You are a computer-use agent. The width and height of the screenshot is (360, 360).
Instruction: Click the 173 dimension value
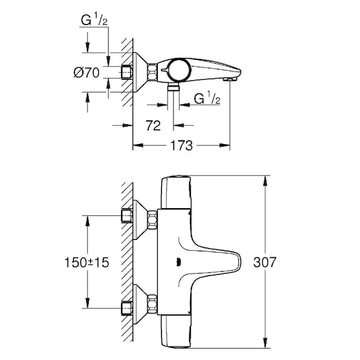click(181, 145)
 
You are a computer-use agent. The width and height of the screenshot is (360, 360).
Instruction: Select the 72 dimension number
click(154, 125)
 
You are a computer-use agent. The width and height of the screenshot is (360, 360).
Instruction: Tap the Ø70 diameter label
click(86, 73)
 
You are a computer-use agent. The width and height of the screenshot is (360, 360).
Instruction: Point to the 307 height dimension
click(265, 262)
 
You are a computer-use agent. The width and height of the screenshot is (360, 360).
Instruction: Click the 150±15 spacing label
click(87, 262)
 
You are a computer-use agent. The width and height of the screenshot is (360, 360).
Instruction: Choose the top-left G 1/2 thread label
click(94, 20)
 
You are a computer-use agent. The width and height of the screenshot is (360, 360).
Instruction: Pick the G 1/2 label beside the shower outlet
click(207, 98)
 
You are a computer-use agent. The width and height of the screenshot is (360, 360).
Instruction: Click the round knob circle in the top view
click(178, 70)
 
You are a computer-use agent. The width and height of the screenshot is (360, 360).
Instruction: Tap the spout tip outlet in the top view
click(230, 79)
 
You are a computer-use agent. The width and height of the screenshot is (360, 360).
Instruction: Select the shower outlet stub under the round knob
click(173, 88)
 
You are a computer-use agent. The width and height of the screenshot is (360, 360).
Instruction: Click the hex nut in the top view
click(152, 72)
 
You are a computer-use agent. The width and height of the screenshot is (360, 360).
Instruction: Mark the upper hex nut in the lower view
click(152, 220)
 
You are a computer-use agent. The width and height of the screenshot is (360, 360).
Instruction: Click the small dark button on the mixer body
click(178, 262)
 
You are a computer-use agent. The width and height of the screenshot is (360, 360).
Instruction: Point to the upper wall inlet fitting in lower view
click(127, 216)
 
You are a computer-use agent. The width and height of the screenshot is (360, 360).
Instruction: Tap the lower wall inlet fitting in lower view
click(127, 308)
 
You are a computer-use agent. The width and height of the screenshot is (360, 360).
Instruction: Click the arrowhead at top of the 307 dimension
click(265, 181)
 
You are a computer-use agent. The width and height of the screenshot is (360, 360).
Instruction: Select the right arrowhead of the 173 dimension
click(224, 145)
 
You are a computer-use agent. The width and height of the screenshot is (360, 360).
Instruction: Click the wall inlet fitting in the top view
click(127, 73)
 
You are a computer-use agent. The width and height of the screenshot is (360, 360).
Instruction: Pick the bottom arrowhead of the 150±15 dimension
click(87, 303)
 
